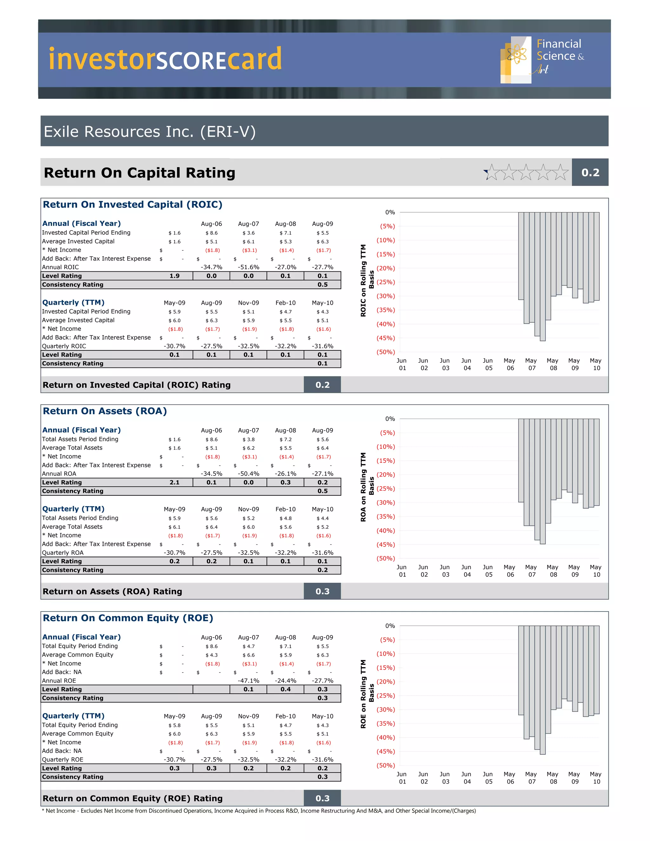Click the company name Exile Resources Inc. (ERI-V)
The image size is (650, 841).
click(149, 132)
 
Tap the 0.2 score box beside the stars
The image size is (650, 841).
click(590, 173)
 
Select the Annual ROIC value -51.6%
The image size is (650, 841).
click(249, 267)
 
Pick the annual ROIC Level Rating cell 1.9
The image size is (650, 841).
click(175, 276)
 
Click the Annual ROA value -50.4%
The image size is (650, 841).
click(249, 473)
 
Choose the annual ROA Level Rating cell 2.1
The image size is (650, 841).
click(175, 482)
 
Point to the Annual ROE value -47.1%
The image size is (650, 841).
click(249, 681)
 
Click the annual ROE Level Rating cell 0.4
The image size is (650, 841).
click(285, 689)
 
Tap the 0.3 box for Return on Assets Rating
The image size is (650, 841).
click(322, 592)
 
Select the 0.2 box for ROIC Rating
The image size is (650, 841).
click(322, 385)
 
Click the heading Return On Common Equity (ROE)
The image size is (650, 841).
click(128, 618)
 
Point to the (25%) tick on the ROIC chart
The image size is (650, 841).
click(385, 282)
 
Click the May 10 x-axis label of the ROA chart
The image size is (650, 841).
click(596, 571)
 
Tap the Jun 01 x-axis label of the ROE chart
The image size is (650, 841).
click(401, 778)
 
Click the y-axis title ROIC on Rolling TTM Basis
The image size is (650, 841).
click(367, 280)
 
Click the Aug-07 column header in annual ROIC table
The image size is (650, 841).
click(249, 224)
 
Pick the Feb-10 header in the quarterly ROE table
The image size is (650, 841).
click(285, 716)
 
